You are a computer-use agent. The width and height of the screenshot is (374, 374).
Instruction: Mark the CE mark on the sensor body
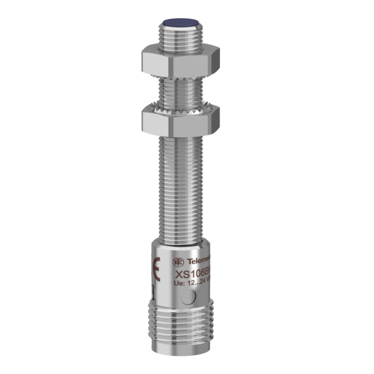(x=155, y=269)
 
